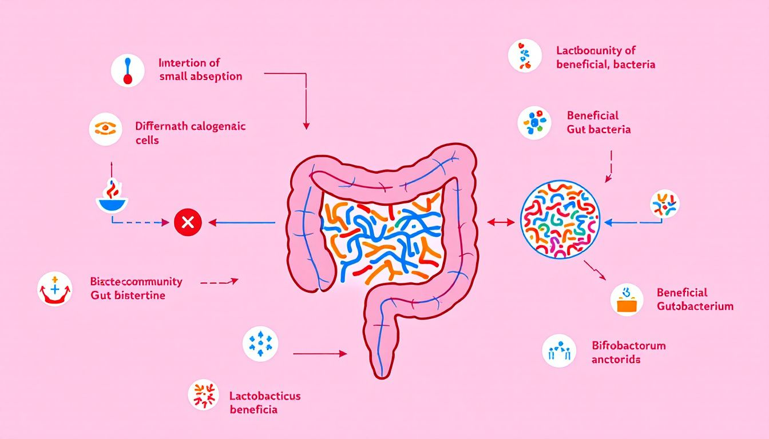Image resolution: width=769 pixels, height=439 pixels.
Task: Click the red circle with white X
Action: [187, 223]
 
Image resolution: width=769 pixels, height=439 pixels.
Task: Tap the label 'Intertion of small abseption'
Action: [200, 70]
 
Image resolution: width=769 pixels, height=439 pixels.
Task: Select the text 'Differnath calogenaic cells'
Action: [190, 133]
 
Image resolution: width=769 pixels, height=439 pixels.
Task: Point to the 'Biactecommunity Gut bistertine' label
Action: [136, 288]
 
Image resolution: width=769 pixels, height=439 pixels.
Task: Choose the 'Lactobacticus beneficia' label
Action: [264, 402]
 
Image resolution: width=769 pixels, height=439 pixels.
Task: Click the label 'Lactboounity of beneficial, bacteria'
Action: [605, 58]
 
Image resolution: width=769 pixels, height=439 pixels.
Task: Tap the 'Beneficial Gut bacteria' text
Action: [598, 122]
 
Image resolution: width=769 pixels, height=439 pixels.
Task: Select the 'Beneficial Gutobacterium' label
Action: [695, 299]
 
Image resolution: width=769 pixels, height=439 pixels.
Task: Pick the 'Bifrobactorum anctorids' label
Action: [628, 353]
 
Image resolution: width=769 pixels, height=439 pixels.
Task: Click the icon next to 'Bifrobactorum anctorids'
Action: [559, 350]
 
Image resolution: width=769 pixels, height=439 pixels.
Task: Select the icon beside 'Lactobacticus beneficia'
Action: [204, 396]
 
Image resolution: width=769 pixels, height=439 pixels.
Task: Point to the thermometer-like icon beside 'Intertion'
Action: [127, 70]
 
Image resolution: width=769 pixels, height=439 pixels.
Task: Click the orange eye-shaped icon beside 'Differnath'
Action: [106, 128]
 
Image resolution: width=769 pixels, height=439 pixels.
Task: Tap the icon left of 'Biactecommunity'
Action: [55, 289]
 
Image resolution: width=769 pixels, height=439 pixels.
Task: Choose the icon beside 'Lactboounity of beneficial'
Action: [524, 55]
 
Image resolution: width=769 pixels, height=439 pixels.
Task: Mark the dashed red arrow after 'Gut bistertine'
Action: [219, 281]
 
